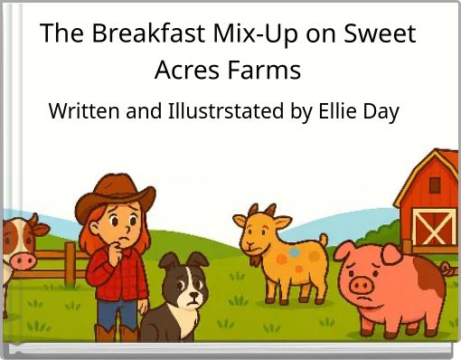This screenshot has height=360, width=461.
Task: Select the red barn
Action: (x=432, y=204)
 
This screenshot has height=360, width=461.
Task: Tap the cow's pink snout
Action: (x=22, y=261)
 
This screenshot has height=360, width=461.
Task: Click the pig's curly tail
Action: (x=445, y=268)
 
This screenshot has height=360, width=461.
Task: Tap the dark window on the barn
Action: (x=435, y=185)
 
